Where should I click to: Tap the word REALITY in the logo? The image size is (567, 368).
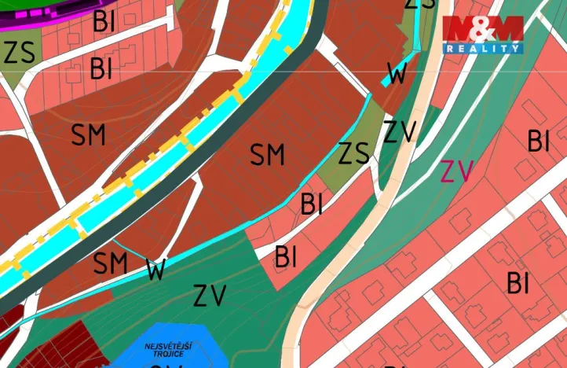tap(483, 49)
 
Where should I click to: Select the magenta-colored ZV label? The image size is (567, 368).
tap(456, 171)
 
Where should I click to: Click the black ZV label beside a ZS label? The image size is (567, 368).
tap(400, 131)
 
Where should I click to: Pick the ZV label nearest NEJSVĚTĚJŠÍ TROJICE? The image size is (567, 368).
tap(210, 296)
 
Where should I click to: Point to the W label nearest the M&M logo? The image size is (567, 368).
tap(398, 75)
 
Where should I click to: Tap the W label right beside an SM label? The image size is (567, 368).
tap(155, 270)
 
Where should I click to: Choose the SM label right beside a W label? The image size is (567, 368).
tap(110, 263)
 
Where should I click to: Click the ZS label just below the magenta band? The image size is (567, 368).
tap(19, 53)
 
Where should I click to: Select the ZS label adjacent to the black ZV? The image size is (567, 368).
tap(353, 153)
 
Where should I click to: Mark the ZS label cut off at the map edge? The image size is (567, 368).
tap(420, 4)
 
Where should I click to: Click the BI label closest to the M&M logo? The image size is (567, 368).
tap(538, 142)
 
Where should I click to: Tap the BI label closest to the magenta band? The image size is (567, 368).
tap(104, 21)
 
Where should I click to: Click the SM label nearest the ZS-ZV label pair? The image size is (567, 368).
tap(267, 155)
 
